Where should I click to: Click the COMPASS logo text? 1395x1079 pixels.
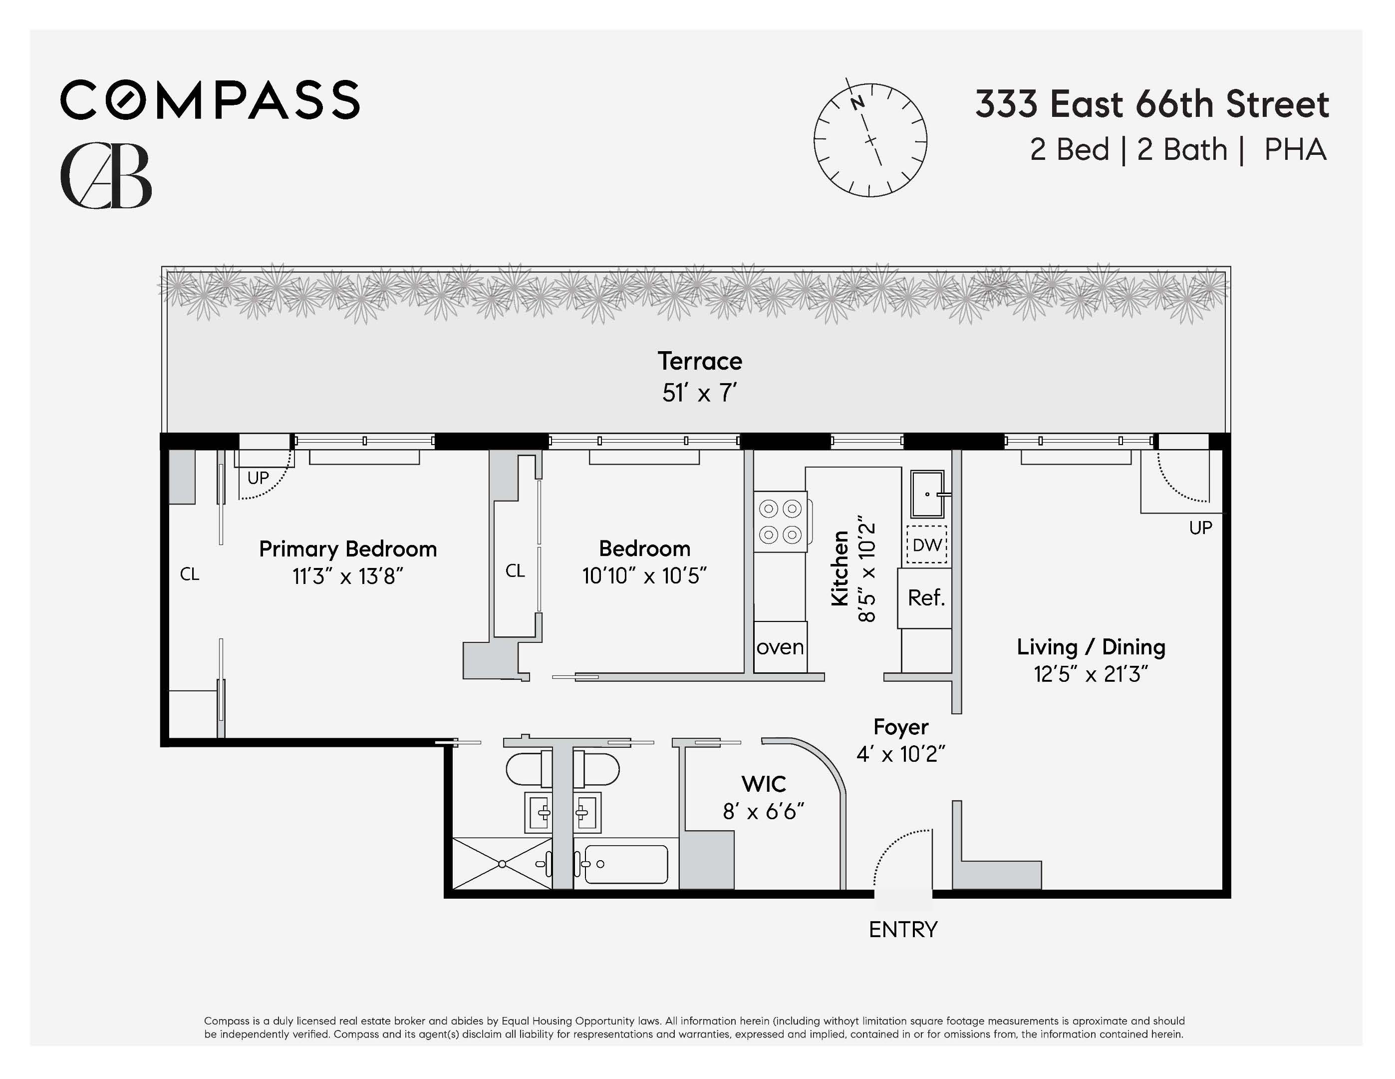210,100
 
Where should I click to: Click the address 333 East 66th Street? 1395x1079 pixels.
1151,104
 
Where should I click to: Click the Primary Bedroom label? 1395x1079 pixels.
347,549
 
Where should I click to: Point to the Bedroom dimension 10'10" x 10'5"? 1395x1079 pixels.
644,576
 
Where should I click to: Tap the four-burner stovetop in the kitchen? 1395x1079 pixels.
781,521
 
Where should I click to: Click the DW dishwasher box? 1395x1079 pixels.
927,544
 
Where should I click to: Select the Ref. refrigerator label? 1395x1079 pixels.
925,597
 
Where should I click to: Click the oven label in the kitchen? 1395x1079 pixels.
780,647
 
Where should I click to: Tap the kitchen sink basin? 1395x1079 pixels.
927,494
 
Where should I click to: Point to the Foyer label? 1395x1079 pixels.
900,727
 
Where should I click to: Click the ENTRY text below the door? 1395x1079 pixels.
902,930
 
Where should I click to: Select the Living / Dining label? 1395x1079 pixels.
1091,647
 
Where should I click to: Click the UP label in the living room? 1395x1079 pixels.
1200,528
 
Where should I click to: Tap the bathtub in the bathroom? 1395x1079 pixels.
625,865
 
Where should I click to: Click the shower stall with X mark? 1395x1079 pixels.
502,864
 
